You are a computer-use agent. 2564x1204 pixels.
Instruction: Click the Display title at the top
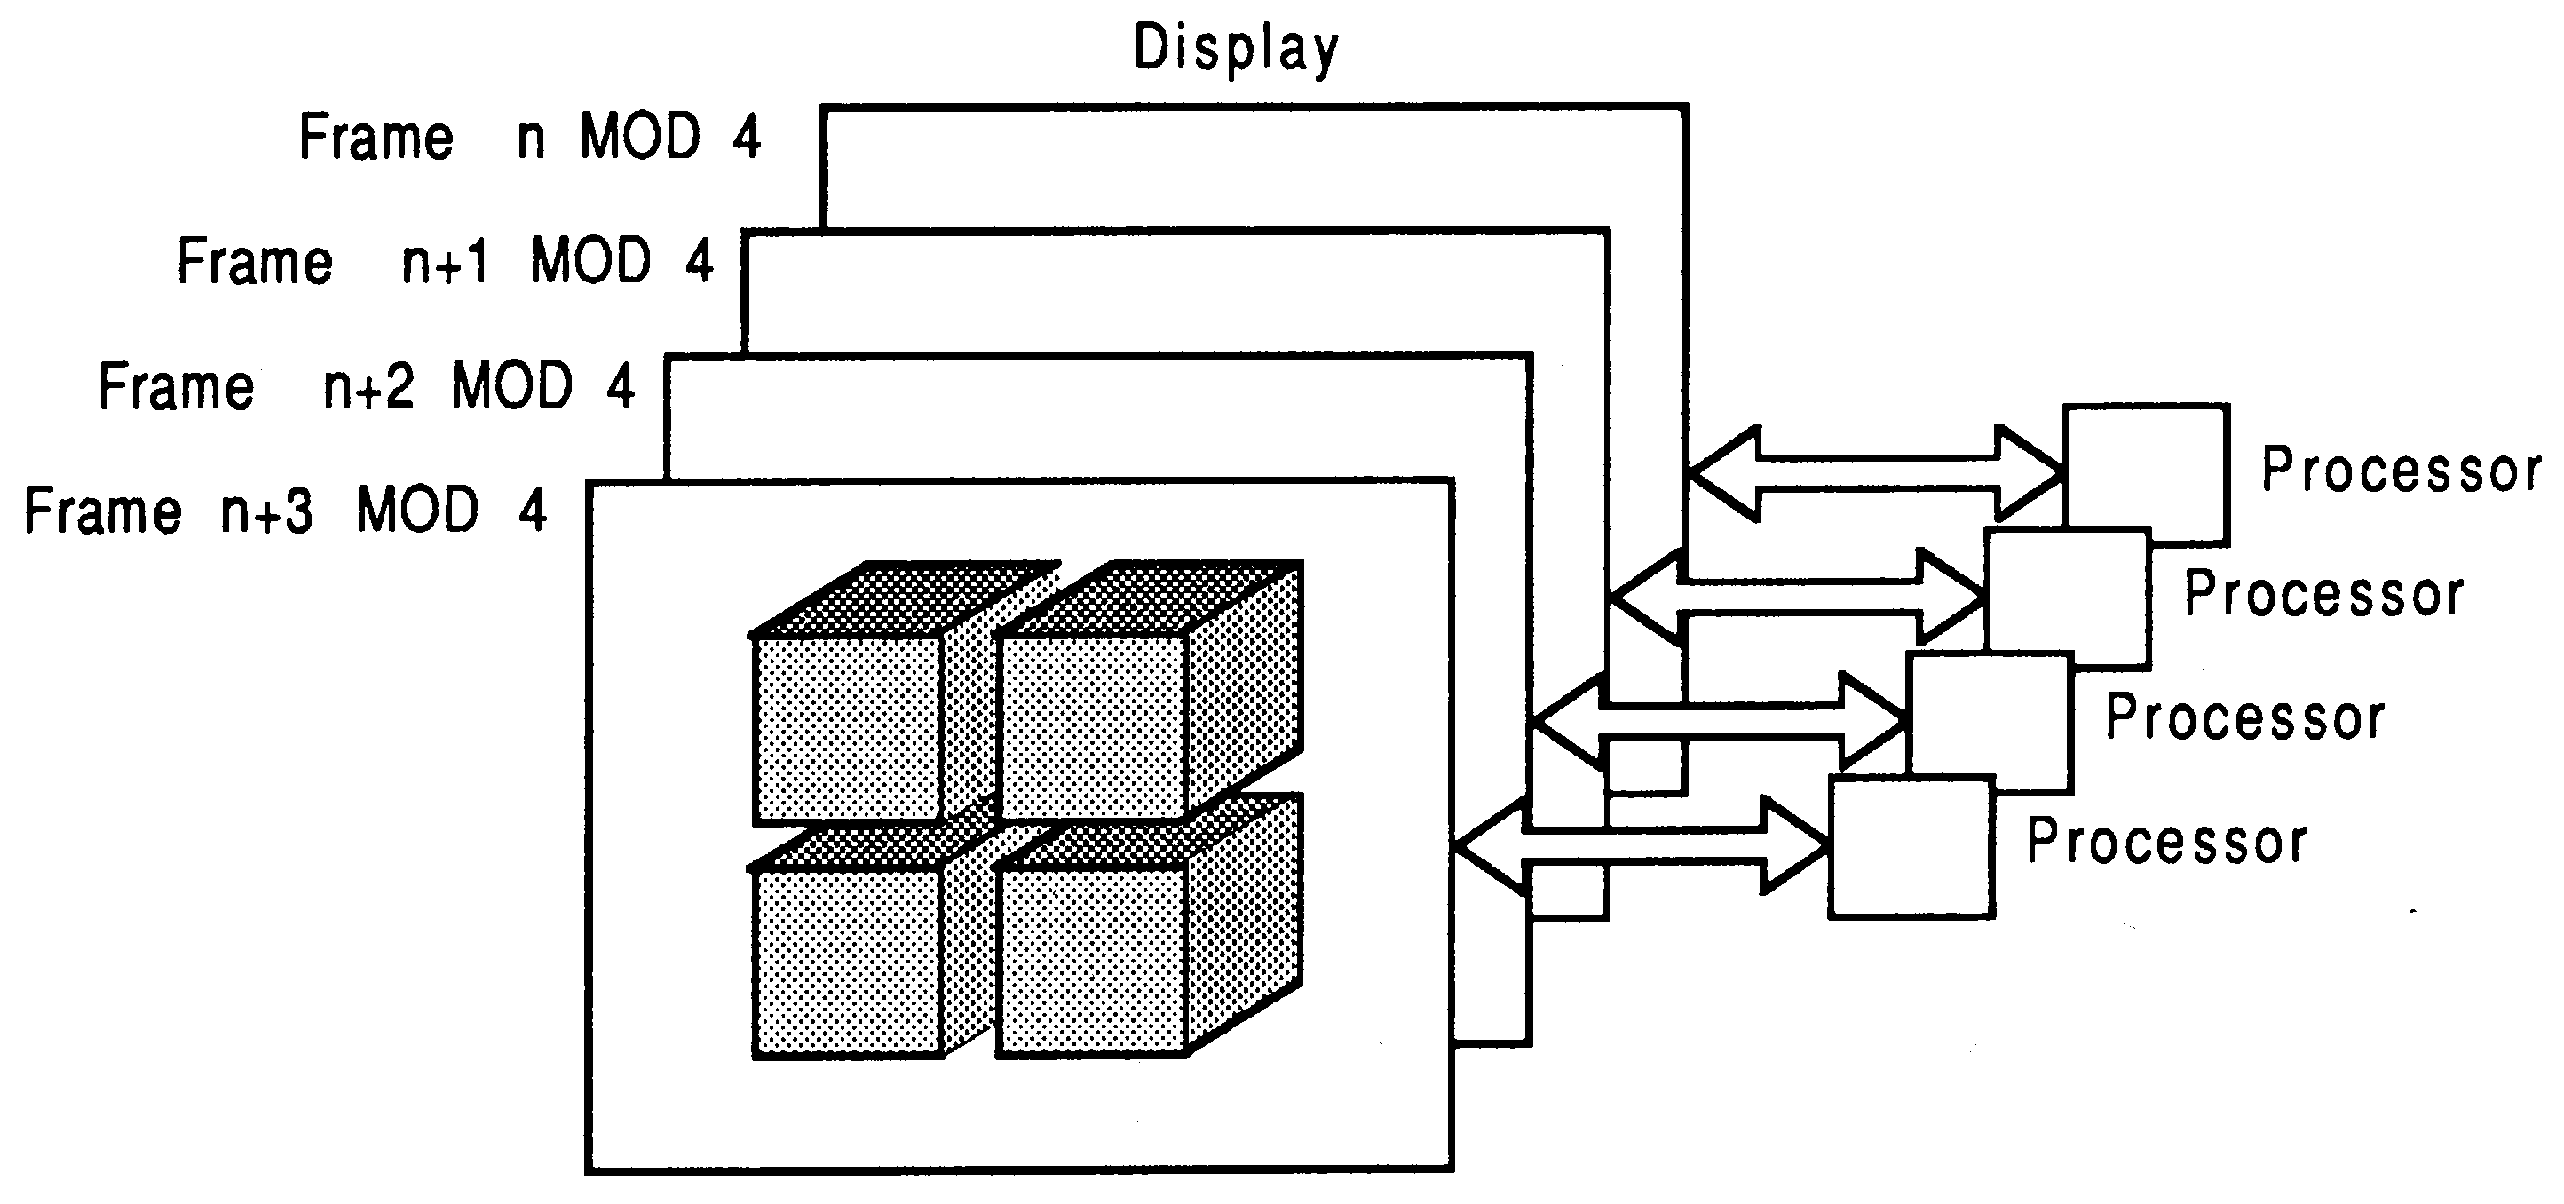1236,47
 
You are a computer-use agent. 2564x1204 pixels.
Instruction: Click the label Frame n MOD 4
529,137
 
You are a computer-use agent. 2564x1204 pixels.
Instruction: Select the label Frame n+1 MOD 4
445,261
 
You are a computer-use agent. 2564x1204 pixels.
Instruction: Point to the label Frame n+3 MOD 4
285,511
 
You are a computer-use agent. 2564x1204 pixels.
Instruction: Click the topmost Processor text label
2401,470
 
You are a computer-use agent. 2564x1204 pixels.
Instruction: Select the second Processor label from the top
2323,594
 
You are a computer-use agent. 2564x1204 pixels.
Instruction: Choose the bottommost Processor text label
2167,842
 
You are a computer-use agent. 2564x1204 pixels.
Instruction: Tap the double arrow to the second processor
1798,597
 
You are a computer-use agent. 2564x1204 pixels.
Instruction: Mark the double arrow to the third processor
1720,721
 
